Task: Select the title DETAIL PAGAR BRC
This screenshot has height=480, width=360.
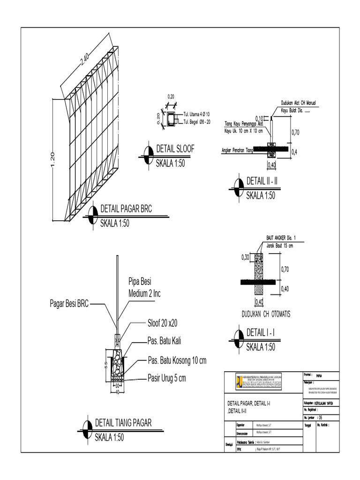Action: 126,210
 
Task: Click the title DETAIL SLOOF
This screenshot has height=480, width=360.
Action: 175,149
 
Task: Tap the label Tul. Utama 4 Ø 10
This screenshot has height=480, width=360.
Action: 196,114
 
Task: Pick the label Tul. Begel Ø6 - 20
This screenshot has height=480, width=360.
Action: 197,122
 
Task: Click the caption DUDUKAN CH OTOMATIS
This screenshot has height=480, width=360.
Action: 259,314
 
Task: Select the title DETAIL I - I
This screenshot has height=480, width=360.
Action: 260,333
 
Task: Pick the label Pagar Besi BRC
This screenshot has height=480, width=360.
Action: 69,303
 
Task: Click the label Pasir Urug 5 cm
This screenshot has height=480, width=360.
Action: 167,378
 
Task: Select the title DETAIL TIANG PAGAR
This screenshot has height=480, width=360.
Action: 123,423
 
